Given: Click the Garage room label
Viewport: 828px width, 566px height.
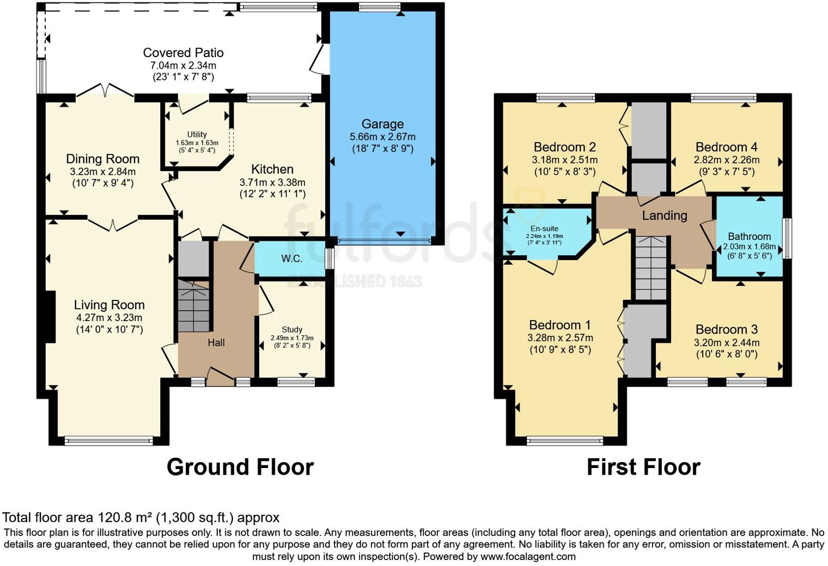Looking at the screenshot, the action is pos(382,124).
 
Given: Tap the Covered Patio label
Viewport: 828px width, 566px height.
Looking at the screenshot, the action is pos(184,53).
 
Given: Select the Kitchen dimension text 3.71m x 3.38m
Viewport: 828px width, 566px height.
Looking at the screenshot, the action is pos(272,182).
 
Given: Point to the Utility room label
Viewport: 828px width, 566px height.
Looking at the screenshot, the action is pos(197,134).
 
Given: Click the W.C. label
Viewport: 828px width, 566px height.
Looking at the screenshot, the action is pos(291,259).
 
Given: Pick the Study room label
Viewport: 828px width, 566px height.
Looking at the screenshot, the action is pos(292,329).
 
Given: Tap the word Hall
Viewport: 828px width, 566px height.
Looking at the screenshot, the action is pos(216,343).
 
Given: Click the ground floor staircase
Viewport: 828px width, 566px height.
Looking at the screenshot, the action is pos(194,306).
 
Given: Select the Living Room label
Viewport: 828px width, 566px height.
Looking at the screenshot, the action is pos(109,305).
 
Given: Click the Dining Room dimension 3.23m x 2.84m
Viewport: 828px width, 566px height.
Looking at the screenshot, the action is pos(103,171).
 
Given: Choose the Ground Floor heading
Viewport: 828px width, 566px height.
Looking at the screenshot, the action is pos(240,467).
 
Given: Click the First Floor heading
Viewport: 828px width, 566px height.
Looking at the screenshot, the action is pos(643,467).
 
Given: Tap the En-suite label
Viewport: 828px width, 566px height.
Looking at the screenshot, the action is pos(545,229).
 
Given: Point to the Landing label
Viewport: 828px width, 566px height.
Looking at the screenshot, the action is pos(665,216).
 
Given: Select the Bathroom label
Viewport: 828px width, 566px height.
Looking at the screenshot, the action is pos(750,236).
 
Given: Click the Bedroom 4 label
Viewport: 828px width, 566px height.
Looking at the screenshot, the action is pos(727,147).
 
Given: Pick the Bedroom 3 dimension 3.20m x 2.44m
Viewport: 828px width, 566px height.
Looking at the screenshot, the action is pos(727,343).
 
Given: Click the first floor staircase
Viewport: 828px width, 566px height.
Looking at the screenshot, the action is pos(651,268).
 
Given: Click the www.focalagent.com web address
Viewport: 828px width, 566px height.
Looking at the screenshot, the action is pos(528,557).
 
